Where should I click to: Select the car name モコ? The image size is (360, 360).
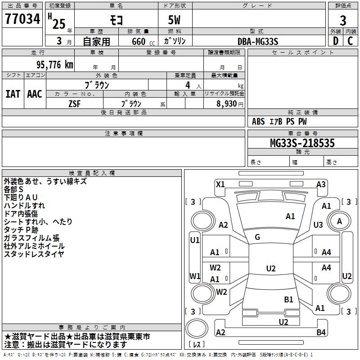116,20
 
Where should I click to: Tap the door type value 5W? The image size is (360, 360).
175,20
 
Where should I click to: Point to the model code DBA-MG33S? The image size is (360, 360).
258,41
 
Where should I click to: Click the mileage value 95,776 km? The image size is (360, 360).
51,65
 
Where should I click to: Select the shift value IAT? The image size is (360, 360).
13,94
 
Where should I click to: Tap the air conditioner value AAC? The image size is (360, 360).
34,94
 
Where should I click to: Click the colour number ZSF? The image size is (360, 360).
74,103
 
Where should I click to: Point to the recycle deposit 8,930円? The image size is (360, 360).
227,103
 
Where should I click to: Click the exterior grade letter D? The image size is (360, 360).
335,41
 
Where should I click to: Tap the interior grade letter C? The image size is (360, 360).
350,41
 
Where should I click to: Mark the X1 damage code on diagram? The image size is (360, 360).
220,184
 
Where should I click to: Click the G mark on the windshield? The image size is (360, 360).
257,237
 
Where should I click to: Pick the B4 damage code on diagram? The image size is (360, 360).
321,333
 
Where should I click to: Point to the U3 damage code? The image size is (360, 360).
318,225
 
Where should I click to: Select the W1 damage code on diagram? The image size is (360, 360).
195,276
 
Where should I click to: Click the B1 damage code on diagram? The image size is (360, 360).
288,299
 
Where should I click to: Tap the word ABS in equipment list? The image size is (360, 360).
258,121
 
